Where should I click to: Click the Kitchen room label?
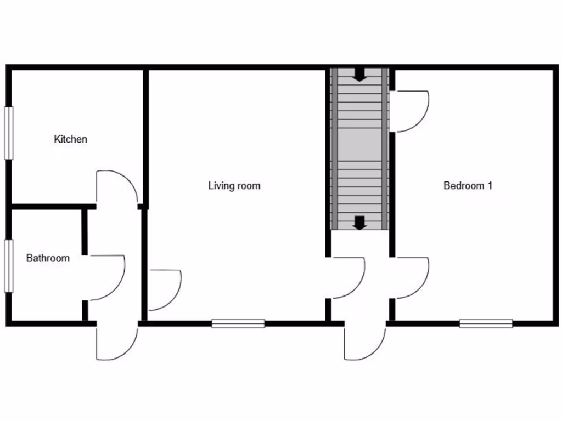pos(70,139)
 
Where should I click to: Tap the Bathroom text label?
pos(48,258)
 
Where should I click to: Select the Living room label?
pos(234,186)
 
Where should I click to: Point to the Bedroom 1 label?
pos(468,186)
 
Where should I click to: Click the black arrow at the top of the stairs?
pos(359,75)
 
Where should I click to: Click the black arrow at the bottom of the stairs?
pos(359,223)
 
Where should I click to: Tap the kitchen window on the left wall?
pos(9,133)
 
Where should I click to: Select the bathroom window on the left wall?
pos(9,266)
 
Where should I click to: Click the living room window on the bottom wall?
pos(238,323)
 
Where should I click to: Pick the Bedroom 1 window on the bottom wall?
pos(486,323)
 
